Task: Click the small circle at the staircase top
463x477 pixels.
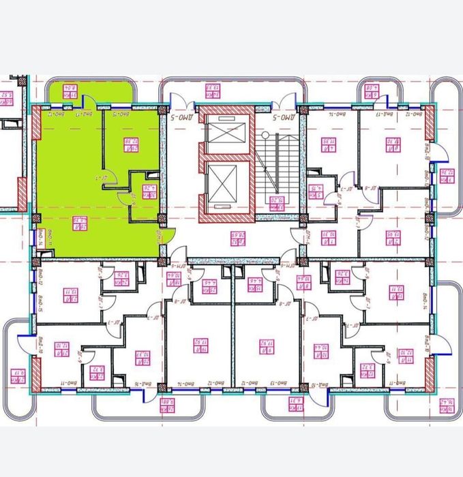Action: pos(265,136)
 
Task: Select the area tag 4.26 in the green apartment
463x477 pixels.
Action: pos(145,189)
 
